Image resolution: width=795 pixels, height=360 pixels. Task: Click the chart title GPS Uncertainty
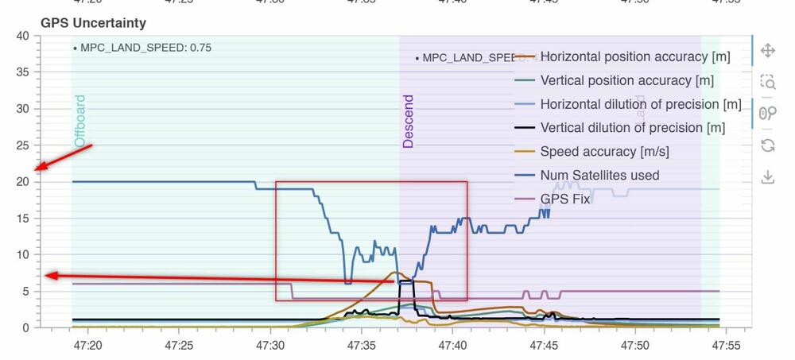click(93, 23)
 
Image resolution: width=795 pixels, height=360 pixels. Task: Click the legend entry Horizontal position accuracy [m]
click(634, 57)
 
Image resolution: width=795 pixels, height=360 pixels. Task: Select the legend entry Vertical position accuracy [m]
click(626, 80)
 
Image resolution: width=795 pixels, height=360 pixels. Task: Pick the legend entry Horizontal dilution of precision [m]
click(640, 104)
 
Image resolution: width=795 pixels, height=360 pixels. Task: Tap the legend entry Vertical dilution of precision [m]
click(632, 127)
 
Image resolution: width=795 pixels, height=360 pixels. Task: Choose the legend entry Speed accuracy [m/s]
click(604, 151)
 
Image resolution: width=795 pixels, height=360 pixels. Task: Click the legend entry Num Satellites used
click(599, 175)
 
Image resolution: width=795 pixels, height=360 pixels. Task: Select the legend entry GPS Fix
click(564, 199)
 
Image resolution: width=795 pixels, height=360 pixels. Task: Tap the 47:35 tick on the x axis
click(362, 346)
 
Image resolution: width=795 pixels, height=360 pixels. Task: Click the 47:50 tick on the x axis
click(635, 346)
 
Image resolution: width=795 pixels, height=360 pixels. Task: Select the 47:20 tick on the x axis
click(87, 346)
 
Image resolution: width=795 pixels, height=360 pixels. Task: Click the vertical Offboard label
click(79, 121)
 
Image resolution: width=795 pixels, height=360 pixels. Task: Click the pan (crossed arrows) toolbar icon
click(768, 51)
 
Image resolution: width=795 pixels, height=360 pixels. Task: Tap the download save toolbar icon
click(768, 176)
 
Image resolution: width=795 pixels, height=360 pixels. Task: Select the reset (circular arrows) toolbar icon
click(768, 145)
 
